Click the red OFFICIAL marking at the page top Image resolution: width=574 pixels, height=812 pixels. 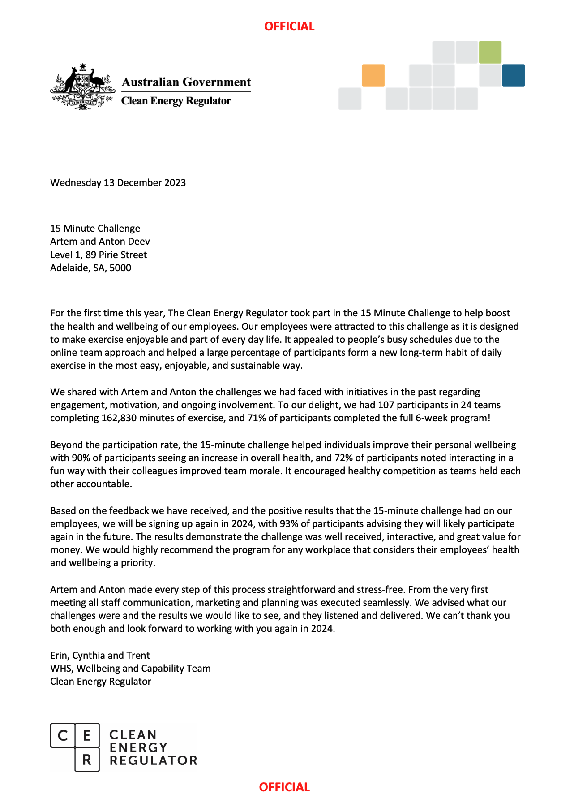click(x=289, y=26)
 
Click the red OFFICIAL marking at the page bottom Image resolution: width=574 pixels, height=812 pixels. click(x=284, y=787)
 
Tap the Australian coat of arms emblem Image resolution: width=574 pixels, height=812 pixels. click(x=82, y=86)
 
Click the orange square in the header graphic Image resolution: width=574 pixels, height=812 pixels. click(x=373, y=75)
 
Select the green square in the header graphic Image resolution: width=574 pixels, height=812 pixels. click(x=490, y=52)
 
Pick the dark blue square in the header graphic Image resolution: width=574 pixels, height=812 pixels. click(x=514, y=75)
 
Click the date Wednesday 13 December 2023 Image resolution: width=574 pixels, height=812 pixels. click(x=118, y=183)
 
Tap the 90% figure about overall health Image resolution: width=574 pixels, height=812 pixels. click(x=81, y=458)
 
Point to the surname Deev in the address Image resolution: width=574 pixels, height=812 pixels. click(x=139, y=242)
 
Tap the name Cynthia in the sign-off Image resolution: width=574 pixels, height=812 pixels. click(x=89, y=656)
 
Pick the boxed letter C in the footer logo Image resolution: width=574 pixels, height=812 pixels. click(x=63, y=735)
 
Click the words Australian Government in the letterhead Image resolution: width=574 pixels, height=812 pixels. click(x=186, y=82)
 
